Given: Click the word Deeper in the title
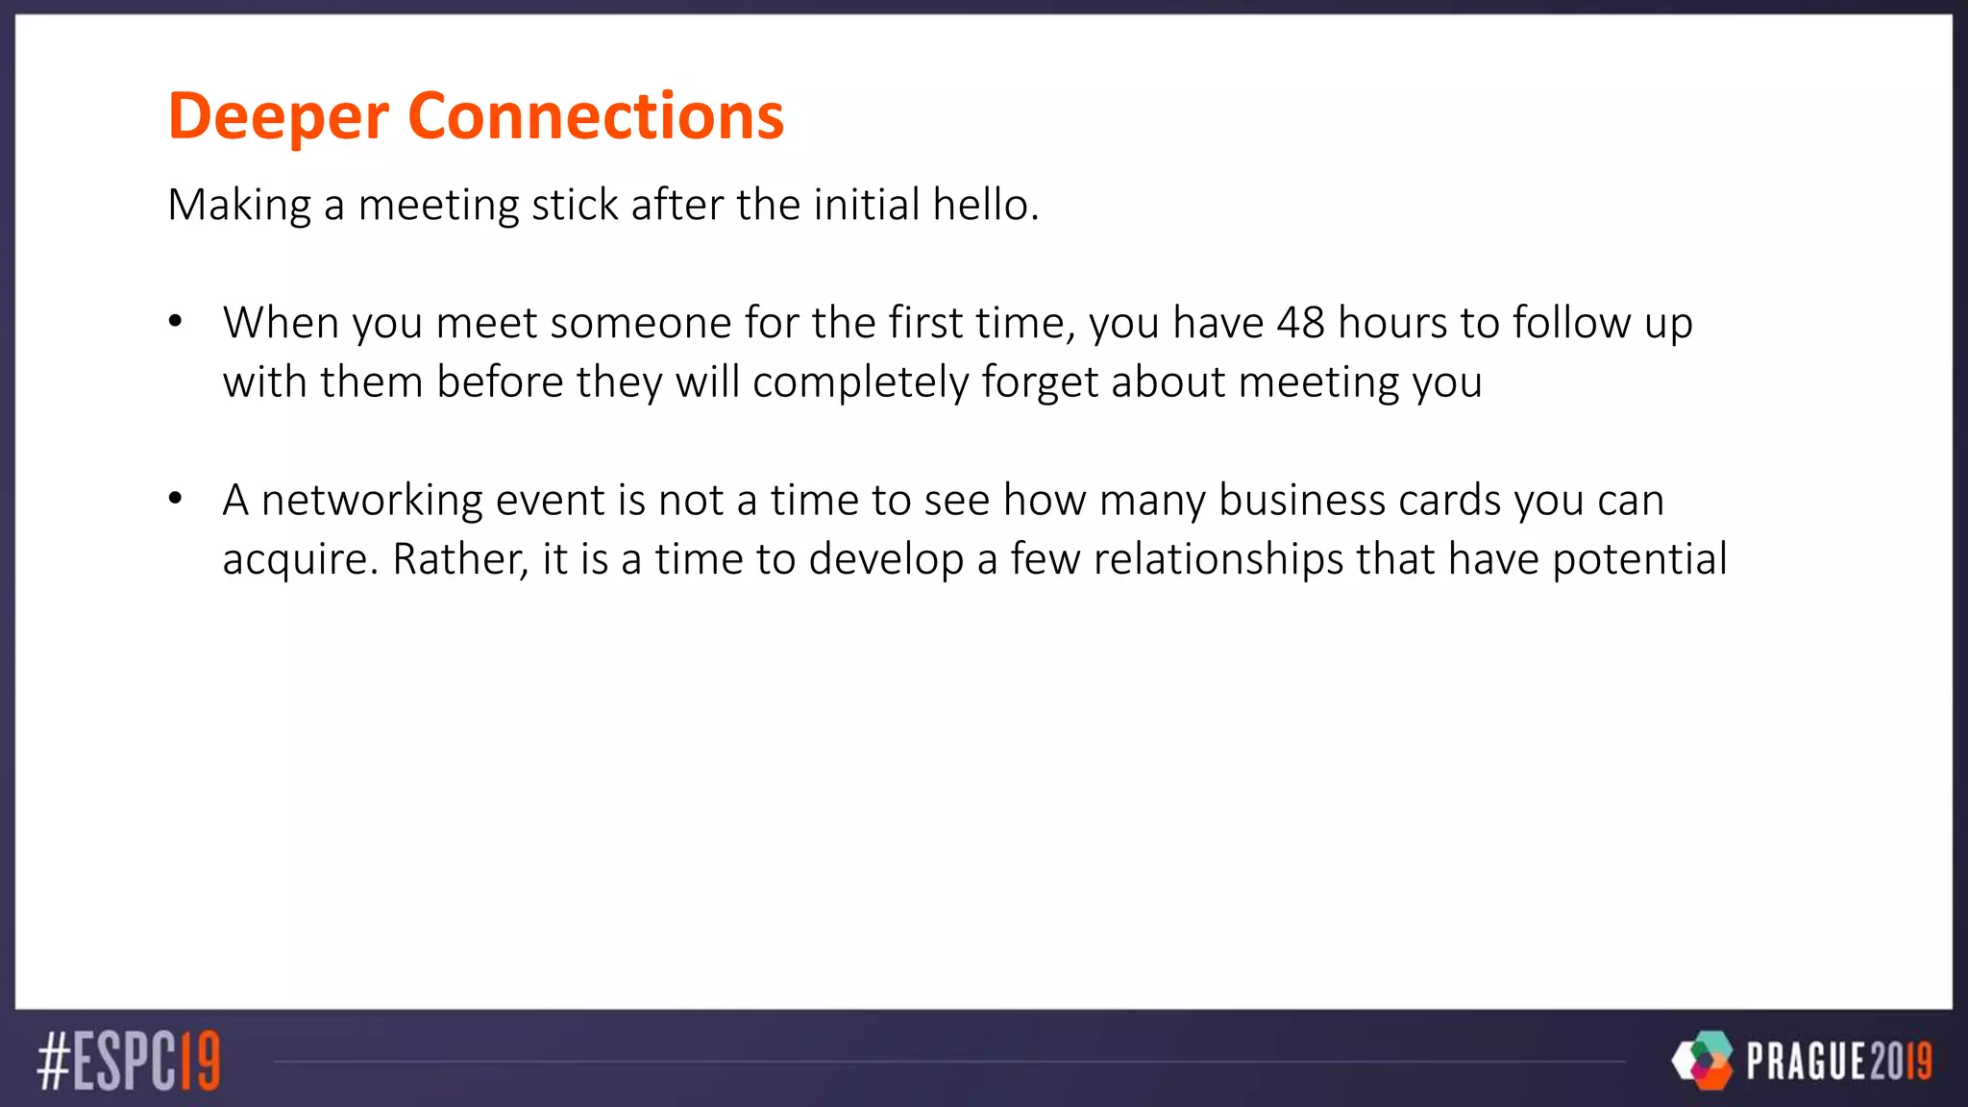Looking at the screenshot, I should click(x=278, y=117).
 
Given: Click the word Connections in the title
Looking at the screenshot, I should click(x=596, y=117).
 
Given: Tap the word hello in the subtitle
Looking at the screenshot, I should click(x=985, y=205).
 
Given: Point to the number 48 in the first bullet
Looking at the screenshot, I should click(x=1301, y=323).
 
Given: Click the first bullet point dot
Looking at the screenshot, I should click(x=175, y=321).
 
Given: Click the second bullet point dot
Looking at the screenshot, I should click(x=175, y=498).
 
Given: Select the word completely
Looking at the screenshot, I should click(x=861, y=382).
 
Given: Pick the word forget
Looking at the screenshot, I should click(x=1040, y=382).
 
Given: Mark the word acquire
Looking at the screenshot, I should click(x=301, y=560).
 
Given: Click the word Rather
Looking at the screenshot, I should click(x=460, y=560).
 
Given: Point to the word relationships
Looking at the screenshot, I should click(x=1218, y=560).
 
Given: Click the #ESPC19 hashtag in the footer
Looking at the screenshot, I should click(x=129, y=1061).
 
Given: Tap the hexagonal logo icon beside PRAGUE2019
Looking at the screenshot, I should click(x=1703, y=1060).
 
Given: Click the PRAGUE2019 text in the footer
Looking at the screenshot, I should click(x=1838, y=1061).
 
